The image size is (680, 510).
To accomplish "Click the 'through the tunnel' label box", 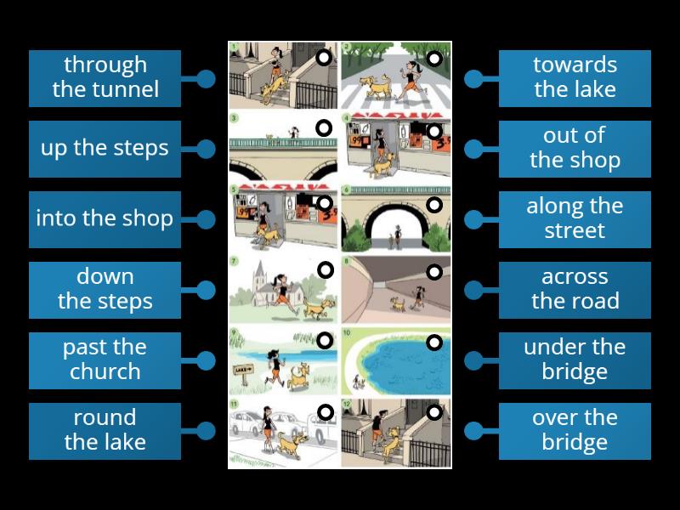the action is click(x=105, y=78).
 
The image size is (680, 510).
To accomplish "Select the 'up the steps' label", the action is click(x=105, y=149).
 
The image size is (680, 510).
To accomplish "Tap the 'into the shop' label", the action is click(x=105, y=219).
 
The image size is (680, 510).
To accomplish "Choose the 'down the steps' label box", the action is click(x=105, y=290).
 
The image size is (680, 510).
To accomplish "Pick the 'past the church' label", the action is click(x=105, y=360).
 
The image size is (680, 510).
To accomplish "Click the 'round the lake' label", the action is click(x=105, y=431).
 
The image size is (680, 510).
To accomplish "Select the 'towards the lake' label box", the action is click(x=575, y=78).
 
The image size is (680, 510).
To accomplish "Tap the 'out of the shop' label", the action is click(x=575, y=149).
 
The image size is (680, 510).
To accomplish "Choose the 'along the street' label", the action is click(x=575, y=219).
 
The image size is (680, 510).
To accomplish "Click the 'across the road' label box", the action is click(x=575, y=290).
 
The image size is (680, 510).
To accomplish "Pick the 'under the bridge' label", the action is click(x=575, y=360).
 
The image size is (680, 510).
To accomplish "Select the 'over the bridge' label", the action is click(x=575, y=431).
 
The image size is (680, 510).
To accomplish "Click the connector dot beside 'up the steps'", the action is click(x=206, y=150).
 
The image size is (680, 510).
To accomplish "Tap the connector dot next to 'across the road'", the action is click(x=473, y=290).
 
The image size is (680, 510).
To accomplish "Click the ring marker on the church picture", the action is click(x=326, y=270).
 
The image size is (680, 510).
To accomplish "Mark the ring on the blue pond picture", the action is click(x=434, y=343).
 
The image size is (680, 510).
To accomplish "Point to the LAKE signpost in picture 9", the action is click(x=243, y=372).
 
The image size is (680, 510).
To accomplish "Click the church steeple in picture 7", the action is click(x=259, y=272).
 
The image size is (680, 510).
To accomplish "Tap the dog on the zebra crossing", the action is click(x=378, y=87).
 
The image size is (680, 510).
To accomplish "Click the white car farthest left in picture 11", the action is click(x=245, y=422).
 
